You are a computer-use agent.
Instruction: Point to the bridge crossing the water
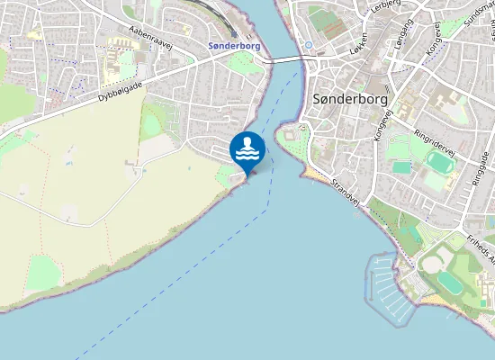point(288,59)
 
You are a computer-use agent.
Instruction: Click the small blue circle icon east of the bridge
point(309,44)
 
